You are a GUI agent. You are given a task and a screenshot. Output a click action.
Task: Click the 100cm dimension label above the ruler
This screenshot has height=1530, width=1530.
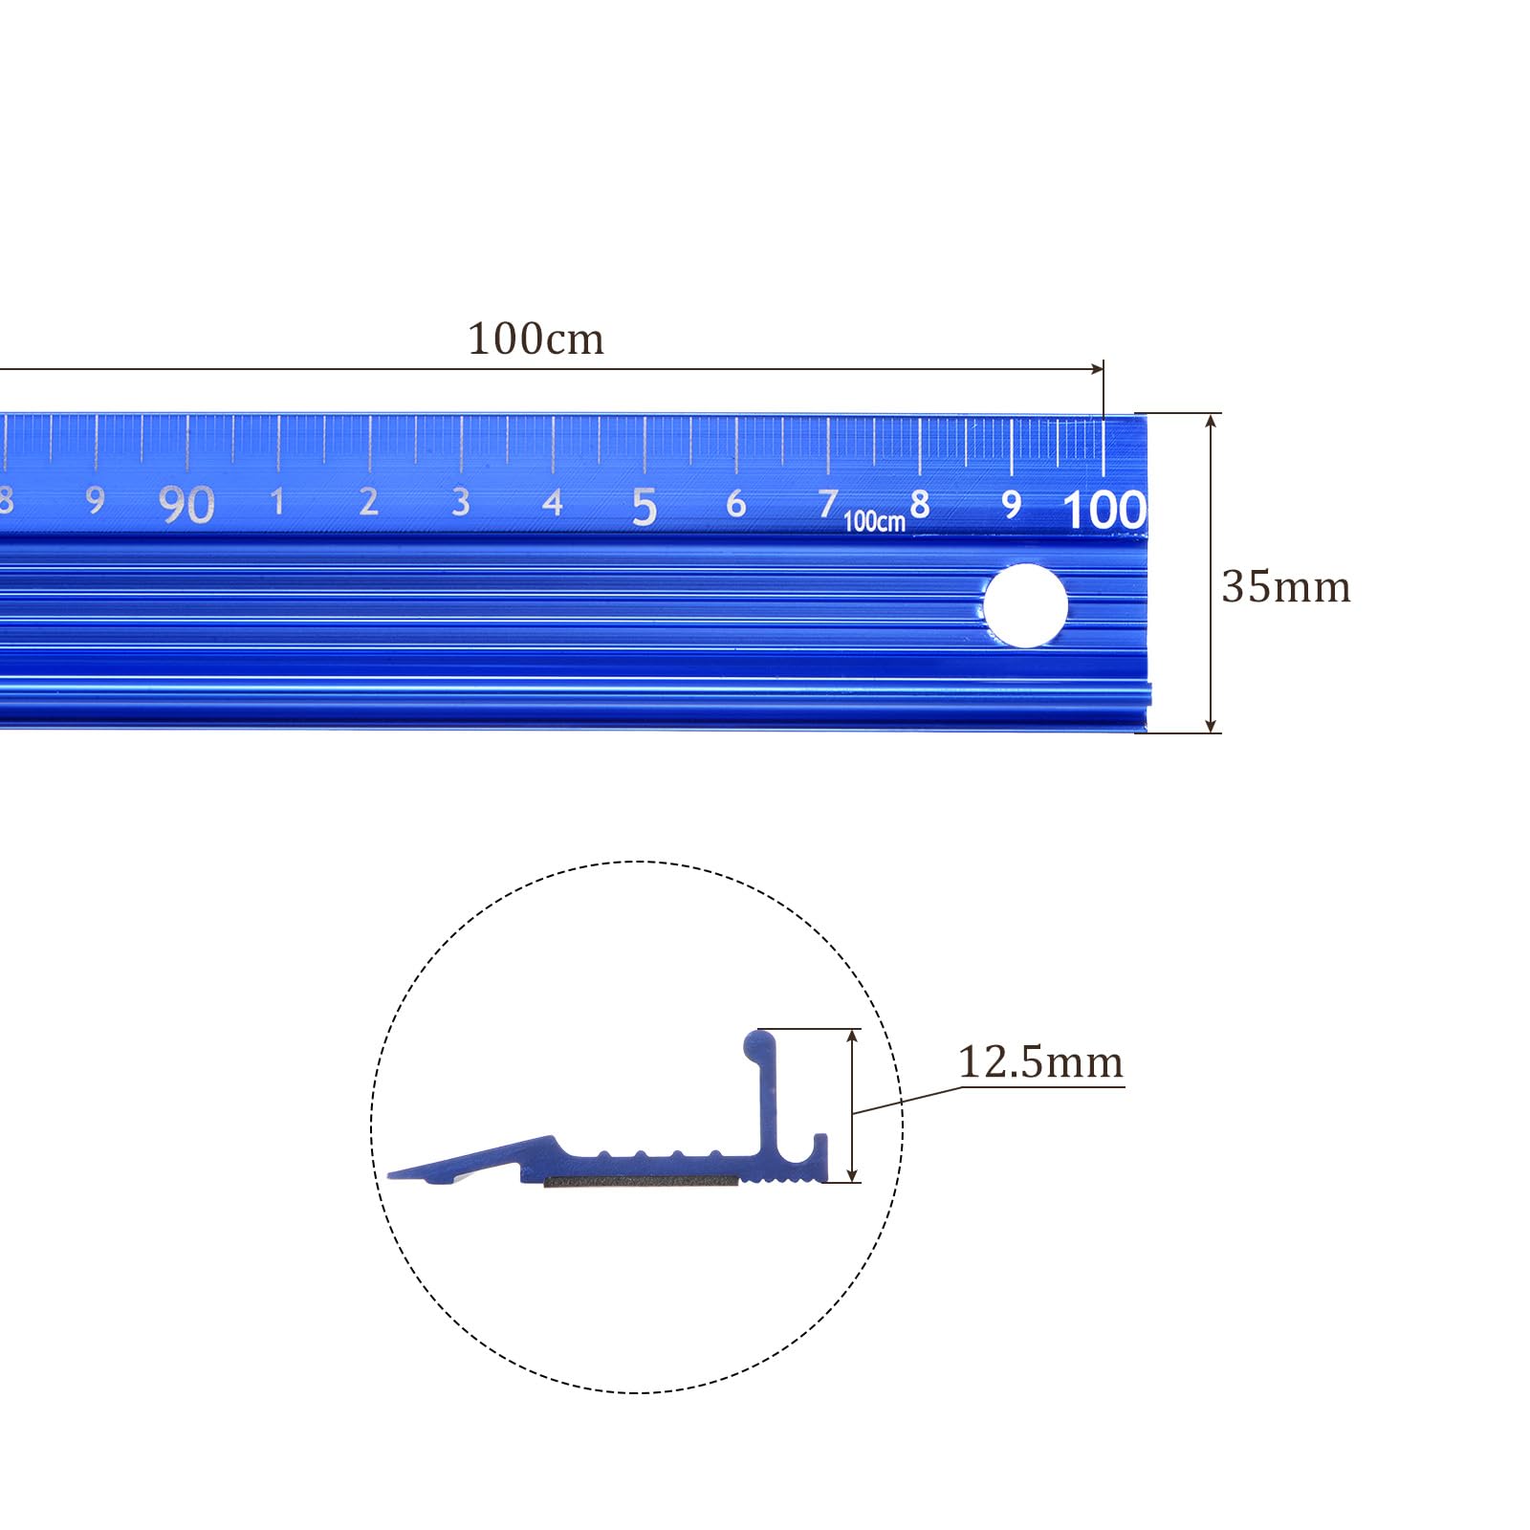coord(535,339)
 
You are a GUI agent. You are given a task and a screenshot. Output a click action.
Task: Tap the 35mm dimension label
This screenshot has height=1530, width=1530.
coord(1286,586)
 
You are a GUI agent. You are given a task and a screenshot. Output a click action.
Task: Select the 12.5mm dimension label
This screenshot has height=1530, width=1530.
coord(1040,1061)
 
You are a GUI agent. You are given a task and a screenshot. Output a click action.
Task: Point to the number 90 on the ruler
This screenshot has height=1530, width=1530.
coord(186,504)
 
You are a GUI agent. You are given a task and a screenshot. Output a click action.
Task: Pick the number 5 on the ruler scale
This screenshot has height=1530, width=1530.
coord(645,506)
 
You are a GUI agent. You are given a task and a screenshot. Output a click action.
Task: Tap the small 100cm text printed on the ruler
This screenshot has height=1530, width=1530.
coord(874,521)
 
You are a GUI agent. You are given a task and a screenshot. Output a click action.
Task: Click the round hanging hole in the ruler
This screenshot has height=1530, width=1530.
coord(1025,605)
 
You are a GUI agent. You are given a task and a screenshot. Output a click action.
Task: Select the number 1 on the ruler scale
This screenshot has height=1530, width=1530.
coord(277,501)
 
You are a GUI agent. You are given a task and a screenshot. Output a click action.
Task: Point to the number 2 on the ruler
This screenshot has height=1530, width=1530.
coord(368,501)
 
